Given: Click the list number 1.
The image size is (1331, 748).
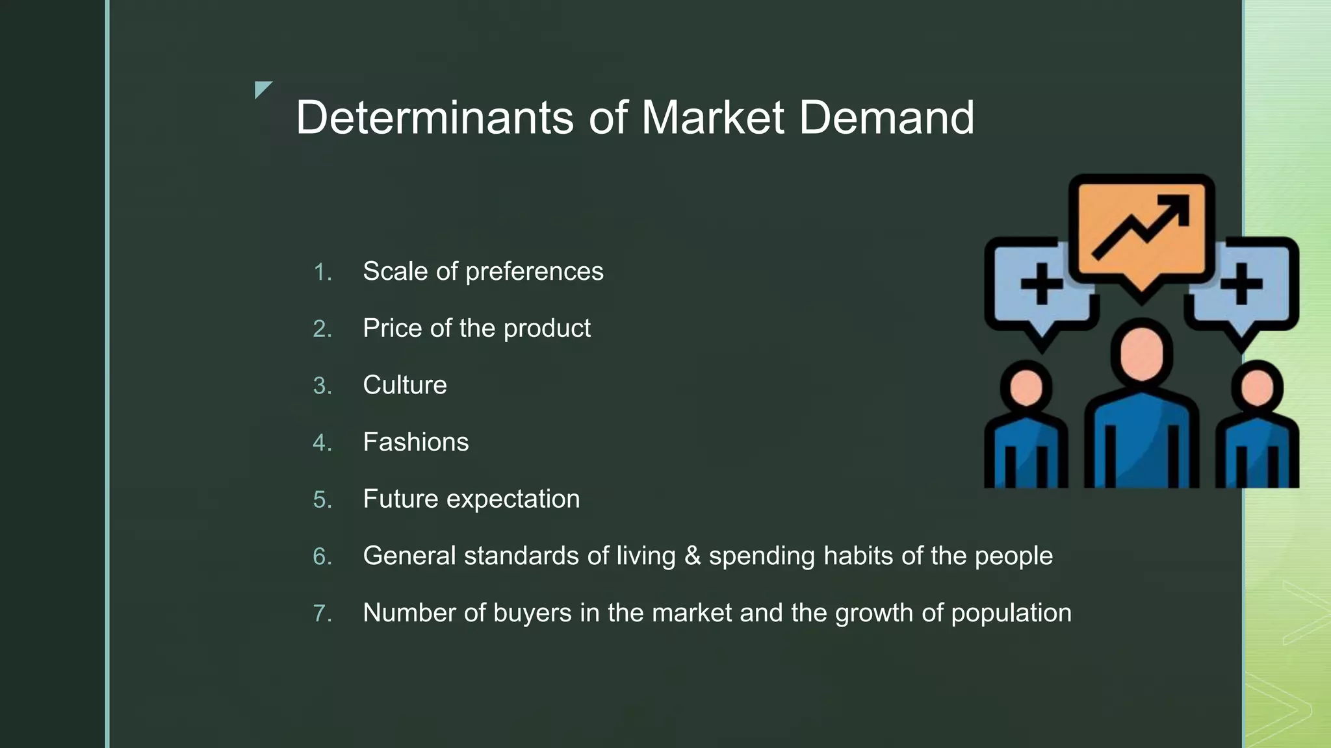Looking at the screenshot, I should pos(322,272).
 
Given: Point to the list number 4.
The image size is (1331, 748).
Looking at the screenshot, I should pos(322,443).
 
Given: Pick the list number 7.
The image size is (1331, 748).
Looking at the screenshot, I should pos(322,614).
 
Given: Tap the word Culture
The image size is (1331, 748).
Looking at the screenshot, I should pos(405,385).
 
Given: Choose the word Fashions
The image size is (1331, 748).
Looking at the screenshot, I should pos(416,442).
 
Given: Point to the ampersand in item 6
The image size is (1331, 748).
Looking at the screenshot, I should pos(693,556).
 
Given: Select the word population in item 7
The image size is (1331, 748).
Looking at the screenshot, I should pos(1011,614).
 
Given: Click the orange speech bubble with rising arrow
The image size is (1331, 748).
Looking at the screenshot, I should pos(1141,227).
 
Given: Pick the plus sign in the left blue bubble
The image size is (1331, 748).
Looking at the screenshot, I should pos(1041,284).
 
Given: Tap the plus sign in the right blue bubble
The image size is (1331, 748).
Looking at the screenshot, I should pos(1241,284).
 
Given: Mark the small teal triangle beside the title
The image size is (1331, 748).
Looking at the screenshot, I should pos(261,88).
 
